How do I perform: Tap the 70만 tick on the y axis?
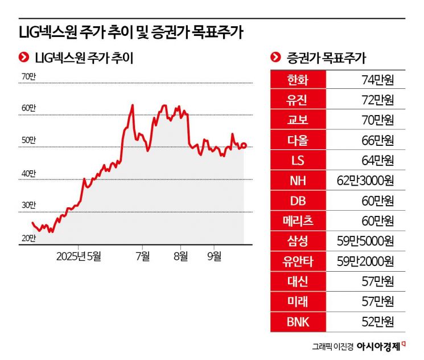pos(28,76)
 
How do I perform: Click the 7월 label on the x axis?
pos(143,256)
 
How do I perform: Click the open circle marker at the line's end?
pos(244,145)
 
